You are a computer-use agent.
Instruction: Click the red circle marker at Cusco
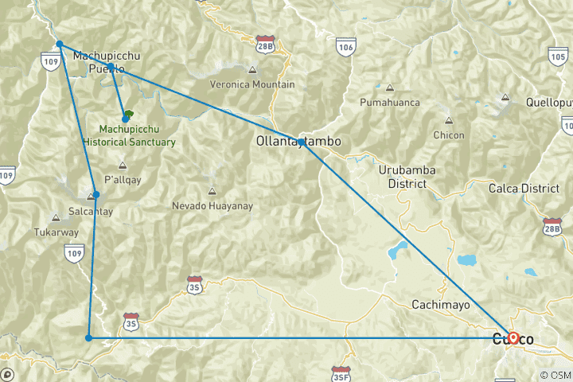[513, 337]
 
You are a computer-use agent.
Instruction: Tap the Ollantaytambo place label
[299, 141]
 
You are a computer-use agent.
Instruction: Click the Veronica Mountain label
[251, 84]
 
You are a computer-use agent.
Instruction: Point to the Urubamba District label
[402, 177]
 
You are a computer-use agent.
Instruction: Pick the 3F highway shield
[341, 372]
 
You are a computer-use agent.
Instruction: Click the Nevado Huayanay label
[212, 205]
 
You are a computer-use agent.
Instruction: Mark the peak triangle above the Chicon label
[449, 121]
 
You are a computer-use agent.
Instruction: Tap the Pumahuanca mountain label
[389, 103]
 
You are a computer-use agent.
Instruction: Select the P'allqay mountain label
[123, 180]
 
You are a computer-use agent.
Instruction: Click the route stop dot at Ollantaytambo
[301, 142]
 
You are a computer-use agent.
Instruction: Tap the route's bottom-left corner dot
[88, 338]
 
